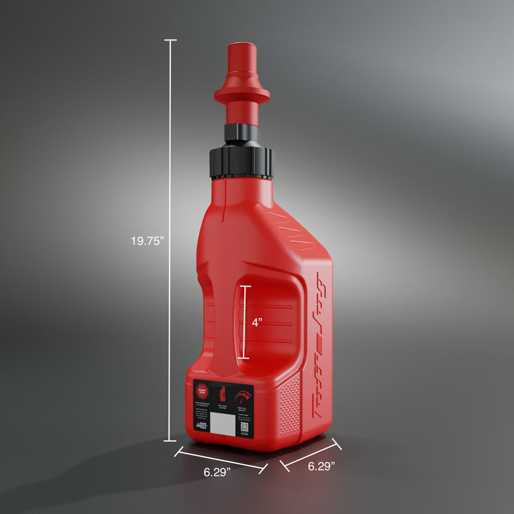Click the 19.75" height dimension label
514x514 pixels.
pos(148,242)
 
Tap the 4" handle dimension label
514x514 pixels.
pos(257,323)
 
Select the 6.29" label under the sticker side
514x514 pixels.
pos(217,472)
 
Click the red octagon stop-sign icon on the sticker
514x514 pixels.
pos(203,389)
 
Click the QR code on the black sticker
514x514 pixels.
pos(245,426)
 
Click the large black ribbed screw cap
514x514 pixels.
pos(242,162)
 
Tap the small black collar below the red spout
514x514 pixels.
pos(242,133)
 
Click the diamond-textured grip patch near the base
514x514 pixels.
pos(291,405)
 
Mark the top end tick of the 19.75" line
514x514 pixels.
pos(170,40)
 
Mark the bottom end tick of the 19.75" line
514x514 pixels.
pos(170,441)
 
